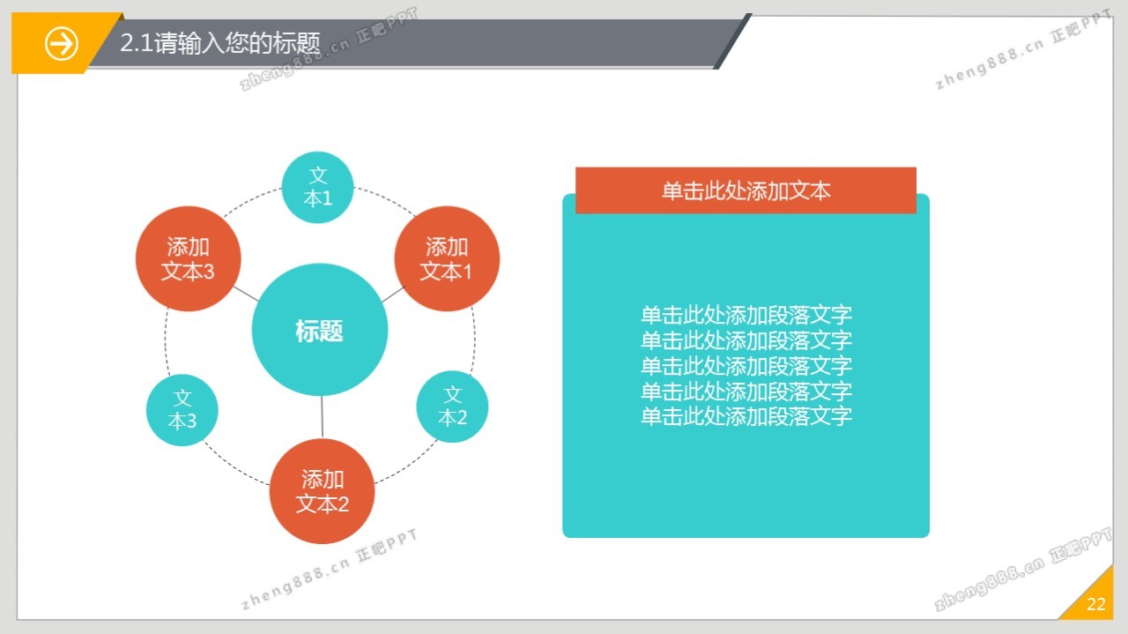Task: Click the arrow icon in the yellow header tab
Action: click(62, 44)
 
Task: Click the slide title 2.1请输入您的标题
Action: click(220, 42)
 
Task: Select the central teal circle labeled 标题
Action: click(320, 330)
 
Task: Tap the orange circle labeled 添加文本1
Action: click(447, 258)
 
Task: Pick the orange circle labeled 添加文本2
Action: click(323, 491)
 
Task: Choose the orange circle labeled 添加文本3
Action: click(189, 258)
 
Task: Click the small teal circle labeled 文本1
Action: click(318, 188)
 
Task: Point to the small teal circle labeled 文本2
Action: click(452, 407)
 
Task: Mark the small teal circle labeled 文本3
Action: click(182, 410)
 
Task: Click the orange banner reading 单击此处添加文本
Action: click(746, 190)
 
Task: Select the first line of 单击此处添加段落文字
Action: click(746, 315)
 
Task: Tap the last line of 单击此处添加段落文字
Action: click(746, 416)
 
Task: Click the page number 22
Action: click(1096, 604)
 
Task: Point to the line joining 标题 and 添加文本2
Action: click(322, 417)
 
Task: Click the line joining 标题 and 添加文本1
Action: click(393, 295)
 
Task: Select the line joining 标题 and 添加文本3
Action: click(246, 294)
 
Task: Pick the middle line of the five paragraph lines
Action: click(746, 366)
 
